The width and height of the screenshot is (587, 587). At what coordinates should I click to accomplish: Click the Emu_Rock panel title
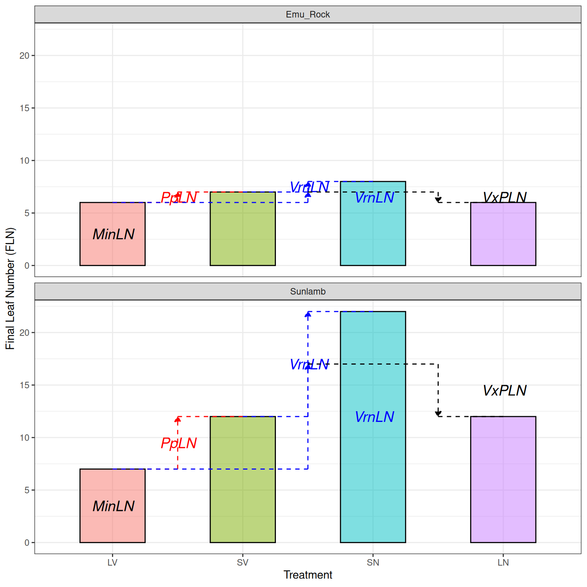(308, 15)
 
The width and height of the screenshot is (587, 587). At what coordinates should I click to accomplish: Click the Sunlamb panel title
(308, 292)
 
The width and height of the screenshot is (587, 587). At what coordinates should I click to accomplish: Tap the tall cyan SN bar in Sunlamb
(373, 478)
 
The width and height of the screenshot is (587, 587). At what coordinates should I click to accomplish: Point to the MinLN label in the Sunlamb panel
(114, 506)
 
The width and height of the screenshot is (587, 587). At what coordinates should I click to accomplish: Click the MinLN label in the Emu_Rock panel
(114, 234)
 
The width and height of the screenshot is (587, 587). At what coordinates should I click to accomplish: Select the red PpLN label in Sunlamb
(178, 443)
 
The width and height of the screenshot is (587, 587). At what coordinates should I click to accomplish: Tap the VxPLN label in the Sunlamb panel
(504, 391)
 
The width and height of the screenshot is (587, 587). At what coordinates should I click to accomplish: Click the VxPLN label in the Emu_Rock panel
(504, 197)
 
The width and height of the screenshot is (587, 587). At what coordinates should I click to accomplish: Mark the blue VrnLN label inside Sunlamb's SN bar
(374, 417)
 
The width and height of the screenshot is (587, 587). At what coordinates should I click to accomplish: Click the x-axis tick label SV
(243, 563)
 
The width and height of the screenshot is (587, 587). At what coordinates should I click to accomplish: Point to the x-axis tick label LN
(503, 563)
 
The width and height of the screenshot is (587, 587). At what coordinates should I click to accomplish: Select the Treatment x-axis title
(308, 575)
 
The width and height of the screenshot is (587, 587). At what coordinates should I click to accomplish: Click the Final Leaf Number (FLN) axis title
(10, 289)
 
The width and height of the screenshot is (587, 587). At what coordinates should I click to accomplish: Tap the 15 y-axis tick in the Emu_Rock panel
(24, 108)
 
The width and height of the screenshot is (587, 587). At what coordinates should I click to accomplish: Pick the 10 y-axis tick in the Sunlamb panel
(24, 438)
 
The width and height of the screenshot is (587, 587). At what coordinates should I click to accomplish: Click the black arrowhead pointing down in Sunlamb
(438, 413)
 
